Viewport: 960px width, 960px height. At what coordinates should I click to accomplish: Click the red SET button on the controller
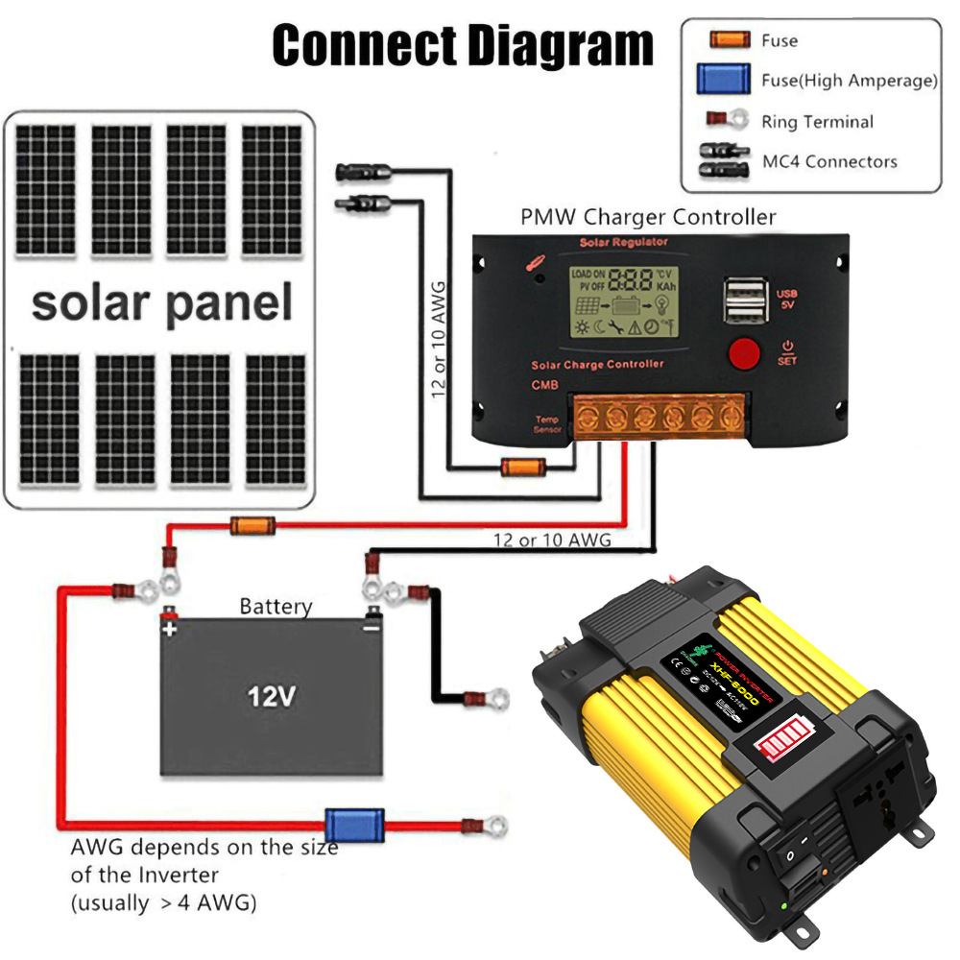744,353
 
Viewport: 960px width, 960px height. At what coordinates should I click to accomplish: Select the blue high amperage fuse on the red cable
354,824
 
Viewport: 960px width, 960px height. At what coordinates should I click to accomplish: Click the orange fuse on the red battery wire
253,525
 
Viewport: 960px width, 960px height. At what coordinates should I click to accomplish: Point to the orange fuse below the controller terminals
515,468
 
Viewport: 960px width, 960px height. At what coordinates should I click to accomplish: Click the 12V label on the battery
270,696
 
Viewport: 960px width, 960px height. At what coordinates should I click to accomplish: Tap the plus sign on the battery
169,630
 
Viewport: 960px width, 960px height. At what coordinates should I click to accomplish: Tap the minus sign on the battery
371,629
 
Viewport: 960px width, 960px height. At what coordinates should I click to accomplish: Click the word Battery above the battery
276,607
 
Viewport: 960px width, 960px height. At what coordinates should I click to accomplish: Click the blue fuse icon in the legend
724,80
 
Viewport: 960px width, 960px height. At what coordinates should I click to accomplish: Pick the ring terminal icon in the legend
727,121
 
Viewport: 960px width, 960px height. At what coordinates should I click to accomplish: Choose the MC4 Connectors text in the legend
829,161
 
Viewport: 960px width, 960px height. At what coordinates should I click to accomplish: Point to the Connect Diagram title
463,45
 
